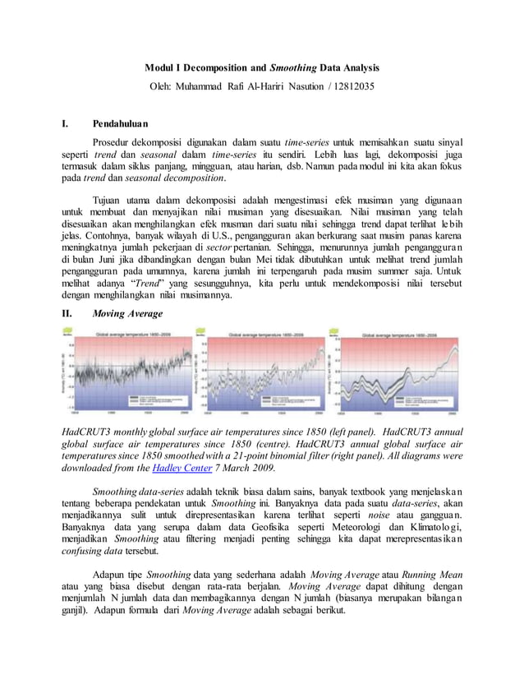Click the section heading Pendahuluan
pyautogui.click(x=119, y=125)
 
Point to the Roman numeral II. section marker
pyautogui.click(x=67, y=313)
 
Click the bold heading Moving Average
pyautogui.click(x=127, y=313)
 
